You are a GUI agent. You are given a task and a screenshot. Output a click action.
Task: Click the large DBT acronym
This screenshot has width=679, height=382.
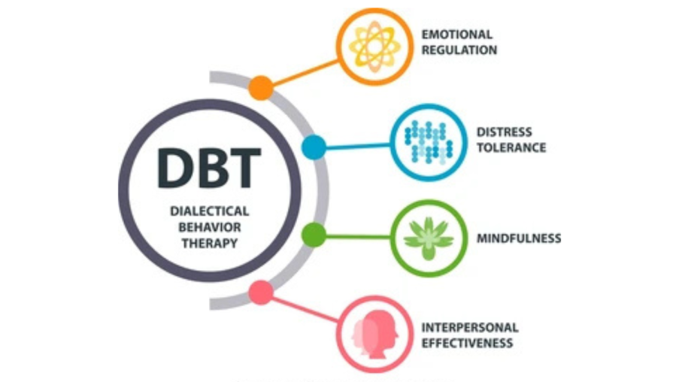pos(209,168)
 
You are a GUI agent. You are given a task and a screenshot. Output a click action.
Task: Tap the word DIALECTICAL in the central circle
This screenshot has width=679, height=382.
pos(210,211)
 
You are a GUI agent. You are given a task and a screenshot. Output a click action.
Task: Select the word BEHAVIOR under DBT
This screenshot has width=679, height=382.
pos(210,227)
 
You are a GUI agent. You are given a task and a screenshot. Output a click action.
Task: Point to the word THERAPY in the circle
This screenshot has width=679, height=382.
pos(210,244)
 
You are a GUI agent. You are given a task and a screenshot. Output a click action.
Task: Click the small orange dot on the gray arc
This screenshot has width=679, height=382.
pos(261,88)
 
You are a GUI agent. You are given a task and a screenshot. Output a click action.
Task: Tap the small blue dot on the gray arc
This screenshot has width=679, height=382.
pos(314,147)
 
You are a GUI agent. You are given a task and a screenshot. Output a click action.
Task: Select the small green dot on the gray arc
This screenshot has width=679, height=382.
pos(314,235)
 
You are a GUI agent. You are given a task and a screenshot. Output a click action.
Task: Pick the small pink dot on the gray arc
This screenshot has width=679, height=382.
pos(261,293)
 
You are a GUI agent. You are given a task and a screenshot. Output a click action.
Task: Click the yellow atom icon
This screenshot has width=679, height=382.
pos(374,47)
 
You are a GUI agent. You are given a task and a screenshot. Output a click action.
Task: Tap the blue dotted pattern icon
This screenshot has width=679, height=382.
pos(429,142)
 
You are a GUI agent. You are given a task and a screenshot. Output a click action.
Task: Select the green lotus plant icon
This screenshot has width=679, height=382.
pos(429,238)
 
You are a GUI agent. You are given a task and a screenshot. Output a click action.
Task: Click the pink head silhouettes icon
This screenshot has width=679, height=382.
pos(375,334)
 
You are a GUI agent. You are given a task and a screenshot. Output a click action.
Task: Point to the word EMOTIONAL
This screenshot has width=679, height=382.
pos(457,35)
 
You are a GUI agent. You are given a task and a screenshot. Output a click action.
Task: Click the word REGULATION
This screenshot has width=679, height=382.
pos(459,50)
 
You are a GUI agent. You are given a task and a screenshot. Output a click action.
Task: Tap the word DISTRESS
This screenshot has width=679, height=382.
pos(505,132)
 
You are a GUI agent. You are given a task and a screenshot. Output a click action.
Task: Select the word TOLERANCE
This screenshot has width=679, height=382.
pos(511,147)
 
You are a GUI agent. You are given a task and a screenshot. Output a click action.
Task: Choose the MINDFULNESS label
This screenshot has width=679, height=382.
pos(519,238)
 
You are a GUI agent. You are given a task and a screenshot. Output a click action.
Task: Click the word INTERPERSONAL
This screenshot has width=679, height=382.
pos(470,327)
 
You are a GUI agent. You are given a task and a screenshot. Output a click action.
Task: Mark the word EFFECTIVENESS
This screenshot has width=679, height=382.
pos(468,343)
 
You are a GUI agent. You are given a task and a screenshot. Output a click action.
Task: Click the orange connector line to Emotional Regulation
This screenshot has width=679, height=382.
pos(305,73)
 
